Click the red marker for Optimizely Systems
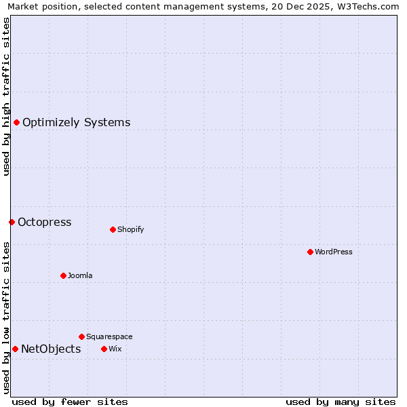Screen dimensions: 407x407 tap(16, 122)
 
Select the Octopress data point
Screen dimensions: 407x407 tap(12, 222)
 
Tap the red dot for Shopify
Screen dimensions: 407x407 tap(113, 229)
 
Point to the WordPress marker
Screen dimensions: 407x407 tap(310, 252)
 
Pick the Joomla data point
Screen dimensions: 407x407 tap(63, 275)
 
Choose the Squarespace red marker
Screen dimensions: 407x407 tap(81, 336)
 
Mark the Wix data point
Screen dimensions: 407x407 tap(104, 349)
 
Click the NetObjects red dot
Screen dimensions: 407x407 tap(15, 349)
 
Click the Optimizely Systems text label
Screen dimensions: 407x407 tap(76, 123)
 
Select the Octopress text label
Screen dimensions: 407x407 tap(44, 222)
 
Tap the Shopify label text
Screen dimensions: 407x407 tap(130, 230)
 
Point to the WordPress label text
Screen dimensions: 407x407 tap(333, 252)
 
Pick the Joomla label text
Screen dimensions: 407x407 tap(80, 276)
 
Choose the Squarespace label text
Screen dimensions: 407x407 tap(109, 337)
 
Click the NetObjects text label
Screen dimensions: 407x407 tap(51, 349)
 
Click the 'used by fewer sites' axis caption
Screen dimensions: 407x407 tap(70, 402)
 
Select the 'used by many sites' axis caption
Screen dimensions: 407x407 tap(341, 402)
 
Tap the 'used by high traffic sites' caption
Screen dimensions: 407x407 tap(6, 96)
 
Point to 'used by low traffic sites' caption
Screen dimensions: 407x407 tap(6, 317)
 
